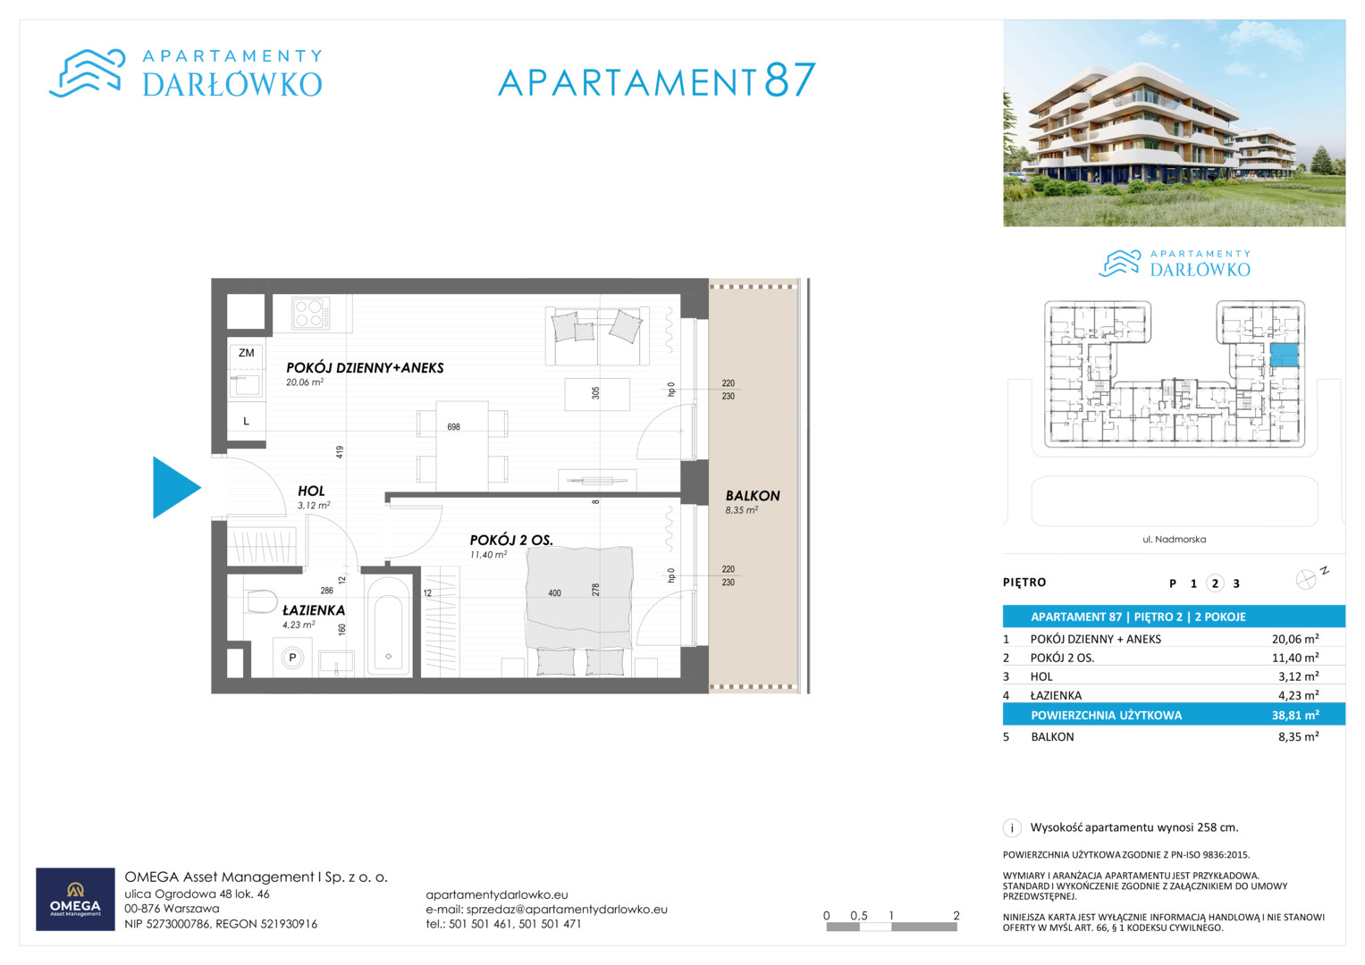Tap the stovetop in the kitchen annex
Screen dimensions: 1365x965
pyautogui.click(x=311, y=313)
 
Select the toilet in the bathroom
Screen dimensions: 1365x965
pyautogui.click(x=260, y=601)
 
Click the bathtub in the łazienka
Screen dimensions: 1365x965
pyautogui.click(x=388, y=625)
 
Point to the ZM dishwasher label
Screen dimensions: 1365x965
pyautogui.click(x=246, y=353)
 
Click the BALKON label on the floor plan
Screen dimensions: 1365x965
pyautogui.click(x=753, y=496)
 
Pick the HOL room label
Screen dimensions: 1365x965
pyautogui.click(x=311, y=491)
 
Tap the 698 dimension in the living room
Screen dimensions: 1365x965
pyautogui.click(x=453, y=427)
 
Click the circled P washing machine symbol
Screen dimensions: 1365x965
pyautogui.click(x=292, y=658)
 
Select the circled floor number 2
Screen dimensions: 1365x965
pyautogui.click(x=1215, y=583)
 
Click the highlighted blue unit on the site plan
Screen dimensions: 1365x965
pyautogui.click(x=1284, y=355)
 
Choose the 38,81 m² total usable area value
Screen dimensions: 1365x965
pyautogui.click(x=1295, y=715)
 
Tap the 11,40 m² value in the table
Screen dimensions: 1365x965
pyautogui.click(x=1295, y=658)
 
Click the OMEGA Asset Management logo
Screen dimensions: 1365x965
pyautogui.click(x=76, y=899)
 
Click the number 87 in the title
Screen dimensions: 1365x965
pyautogui.click(x=789, y=80)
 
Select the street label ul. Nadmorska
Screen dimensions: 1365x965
pyautogui.click(x=1175, y=539)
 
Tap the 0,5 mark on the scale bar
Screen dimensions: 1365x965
pyautogui.click(x=859, y=916)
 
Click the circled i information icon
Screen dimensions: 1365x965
pyautogui.click(x=1012, y=828)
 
